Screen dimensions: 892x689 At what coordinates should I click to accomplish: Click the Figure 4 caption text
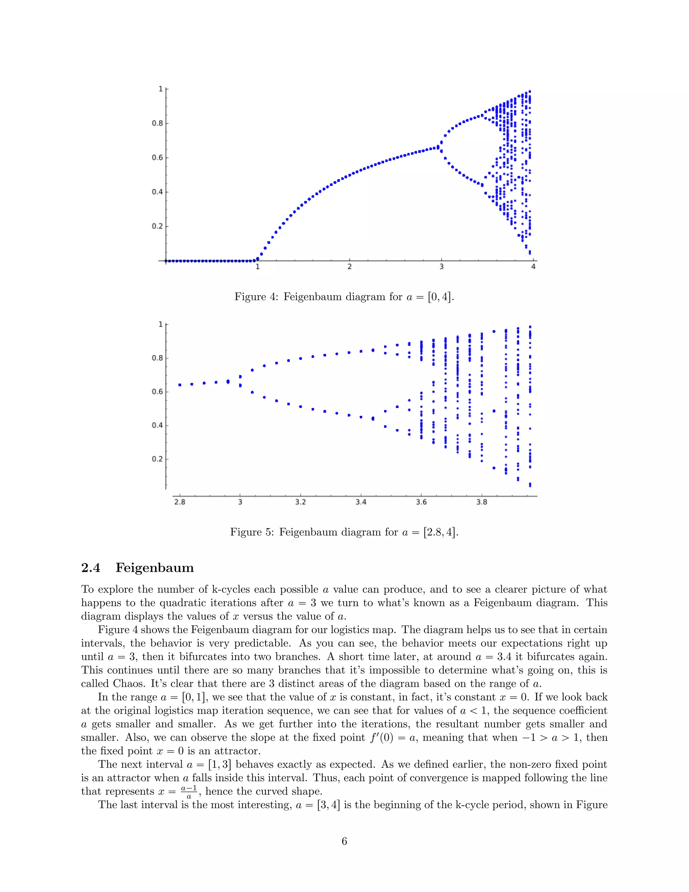(344, 297)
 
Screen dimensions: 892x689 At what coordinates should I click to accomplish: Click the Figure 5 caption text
(344, 532)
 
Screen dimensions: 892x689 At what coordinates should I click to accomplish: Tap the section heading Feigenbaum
(154, 568)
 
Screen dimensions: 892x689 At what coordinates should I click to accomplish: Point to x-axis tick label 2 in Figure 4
(350, 267)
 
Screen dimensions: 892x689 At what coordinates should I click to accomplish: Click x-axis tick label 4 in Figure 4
(533, 267)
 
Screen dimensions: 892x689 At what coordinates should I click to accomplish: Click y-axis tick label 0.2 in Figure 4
(157, 226)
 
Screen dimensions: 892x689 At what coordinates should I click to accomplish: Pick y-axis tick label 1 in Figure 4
(160, 89)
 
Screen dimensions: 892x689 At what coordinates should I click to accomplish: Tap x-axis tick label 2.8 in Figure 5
(180, 502)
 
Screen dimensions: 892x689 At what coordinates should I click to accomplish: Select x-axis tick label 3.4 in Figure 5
(361, 502)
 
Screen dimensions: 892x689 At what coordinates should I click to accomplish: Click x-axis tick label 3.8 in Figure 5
(482, 502)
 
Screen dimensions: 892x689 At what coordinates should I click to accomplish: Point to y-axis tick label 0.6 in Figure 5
(157, 392)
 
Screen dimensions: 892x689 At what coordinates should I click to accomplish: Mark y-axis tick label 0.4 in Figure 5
(157, 425)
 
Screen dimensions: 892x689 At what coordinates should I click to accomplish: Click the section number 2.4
(90, 568)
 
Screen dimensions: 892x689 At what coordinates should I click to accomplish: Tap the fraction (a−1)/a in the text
(189, 792)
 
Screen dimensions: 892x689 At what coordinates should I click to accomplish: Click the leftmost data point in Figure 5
(180, 385)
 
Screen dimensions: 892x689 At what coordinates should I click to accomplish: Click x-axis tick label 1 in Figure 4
(258, 267)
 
